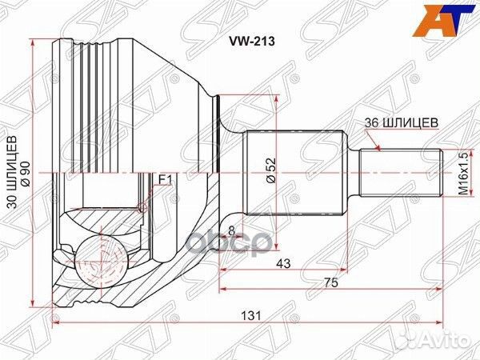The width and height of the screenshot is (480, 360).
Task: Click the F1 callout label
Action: click(165, 178)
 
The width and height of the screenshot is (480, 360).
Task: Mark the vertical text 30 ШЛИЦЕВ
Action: click(11, 172)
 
